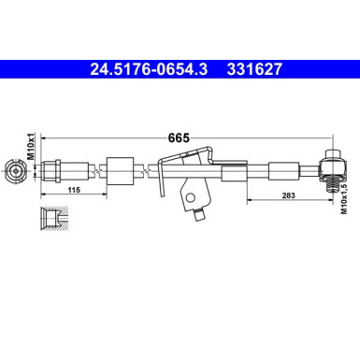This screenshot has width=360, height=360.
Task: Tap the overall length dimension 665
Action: (179, 137)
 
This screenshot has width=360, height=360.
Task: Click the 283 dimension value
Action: (287, 197)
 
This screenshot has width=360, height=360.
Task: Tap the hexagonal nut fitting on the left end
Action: (54, 171)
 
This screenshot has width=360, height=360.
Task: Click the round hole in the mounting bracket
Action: (190, 196)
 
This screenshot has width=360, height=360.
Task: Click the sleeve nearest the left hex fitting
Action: (118, 171)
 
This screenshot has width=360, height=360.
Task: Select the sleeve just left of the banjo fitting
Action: (281, 171)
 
